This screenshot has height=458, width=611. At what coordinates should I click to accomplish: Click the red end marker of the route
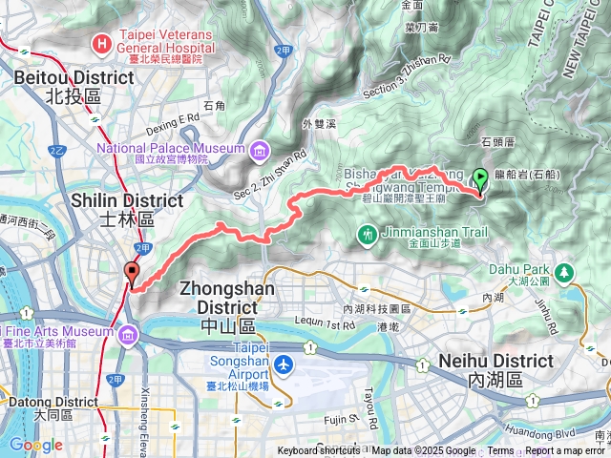[x=131, y=273]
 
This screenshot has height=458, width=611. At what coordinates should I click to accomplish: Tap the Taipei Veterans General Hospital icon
[x=101, y=44]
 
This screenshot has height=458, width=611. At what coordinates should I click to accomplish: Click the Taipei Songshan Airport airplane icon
[x=284, y=364]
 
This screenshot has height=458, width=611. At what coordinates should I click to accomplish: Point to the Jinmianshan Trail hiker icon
[x=368, y=233]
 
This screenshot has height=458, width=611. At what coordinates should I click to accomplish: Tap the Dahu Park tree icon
[x=564, y=275]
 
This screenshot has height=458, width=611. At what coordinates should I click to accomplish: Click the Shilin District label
[x=127, y=209]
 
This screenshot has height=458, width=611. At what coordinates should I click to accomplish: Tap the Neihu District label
[x=495, y=369]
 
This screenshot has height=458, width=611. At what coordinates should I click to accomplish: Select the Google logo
[x=35, y=445]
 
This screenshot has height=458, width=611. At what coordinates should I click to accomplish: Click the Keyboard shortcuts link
[x=319, y=451]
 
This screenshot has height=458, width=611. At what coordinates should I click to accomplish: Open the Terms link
[x=500, y=451]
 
